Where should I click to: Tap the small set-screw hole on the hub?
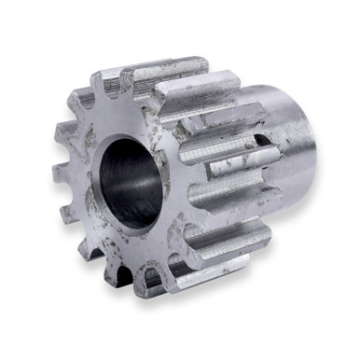coord(264,144)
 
